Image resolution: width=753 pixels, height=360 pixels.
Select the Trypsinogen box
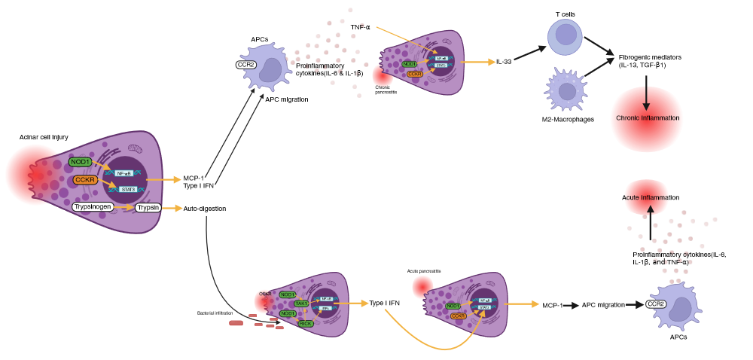click(93, 207)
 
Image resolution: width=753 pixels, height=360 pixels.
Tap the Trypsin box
click(148, 207)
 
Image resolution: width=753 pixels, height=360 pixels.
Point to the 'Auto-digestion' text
click(204, 209)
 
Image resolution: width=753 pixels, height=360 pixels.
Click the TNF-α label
click(360, 27)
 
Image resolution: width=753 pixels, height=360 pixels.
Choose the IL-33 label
click(504, 62)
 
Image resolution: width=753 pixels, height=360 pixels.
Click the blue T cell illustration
click(564, 36)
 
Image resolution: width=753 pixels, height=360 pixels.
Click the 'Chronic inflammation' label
click(648, 118)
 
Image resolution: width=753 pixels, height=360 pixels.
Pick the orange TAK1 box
click(301, 303)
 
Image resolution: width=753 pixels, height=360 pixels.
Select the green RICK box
click(305, 323)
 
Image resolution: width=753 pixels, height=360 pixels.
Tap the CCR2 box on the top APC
click(245, 65)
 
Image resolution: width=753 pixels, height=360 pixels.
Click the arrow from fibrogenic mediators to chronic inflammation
click(647, 91)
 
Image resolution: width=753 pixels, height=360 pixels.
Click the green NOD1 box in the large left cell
click(80, 162)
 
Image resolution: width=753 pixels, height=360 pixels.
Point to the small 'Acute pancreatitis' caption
click(424, 270)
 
